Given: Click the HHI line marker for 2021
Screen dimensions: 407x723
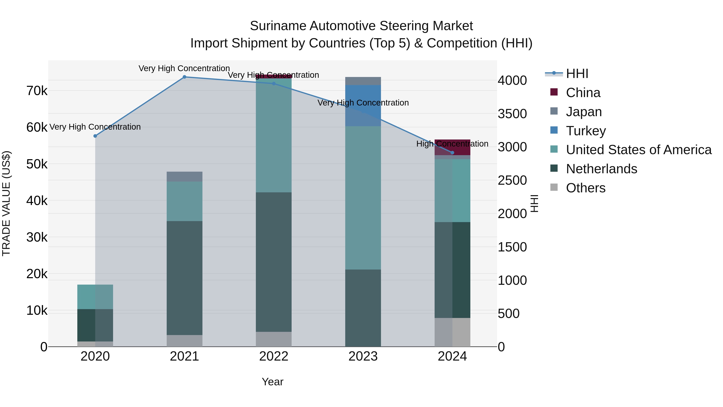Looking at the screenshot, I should pos(184,77).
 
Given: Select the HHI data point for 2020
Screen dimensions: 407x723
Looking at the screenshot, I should pos(95,136).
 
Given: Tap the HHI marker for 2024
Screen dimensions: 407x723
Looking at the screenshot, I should pos(452,153).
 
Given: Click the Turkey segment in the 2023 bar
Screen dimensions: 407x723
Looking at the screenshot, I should pos(363,105).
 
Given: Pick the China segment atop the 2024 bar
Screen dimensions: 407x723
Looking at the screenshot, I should pos(452,147).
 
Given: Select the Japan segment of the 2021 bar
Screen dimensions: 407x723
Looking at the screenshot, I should pos(184,176).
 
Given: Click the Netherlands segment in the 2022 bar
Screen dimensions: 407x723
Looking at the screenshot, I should pos(274,262).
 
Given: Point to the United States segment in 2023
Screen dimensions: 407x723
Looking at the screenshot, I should pos(363,198).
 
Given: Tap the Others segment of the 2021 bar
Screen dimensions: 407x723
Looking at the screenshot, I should pos(184,340).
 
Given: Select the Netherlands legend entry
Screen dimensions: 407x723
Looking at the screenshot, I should pos(601,169).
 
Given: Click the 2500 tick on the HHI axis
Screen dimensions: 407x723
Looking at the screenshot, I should pos(512,180).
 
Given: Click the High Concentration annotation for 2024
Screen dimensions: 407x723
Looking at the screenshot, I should pos(452,144).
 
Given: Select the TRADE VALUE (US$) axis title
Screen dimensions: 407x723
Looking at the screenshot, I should pos(6,203).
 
